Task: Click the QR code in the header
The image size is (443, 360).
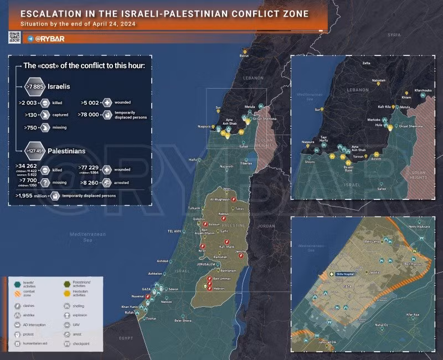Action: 14,37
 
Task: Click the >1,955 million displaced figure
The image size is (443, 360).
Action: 31,196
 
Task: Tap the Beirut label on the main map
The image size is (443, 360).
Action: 244,56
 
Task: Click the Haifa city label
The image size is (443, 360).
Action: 193,160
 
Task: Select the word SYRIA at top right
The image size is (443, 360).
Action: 394,34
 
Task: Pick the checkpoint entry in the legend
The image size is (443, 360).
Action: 80,344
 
